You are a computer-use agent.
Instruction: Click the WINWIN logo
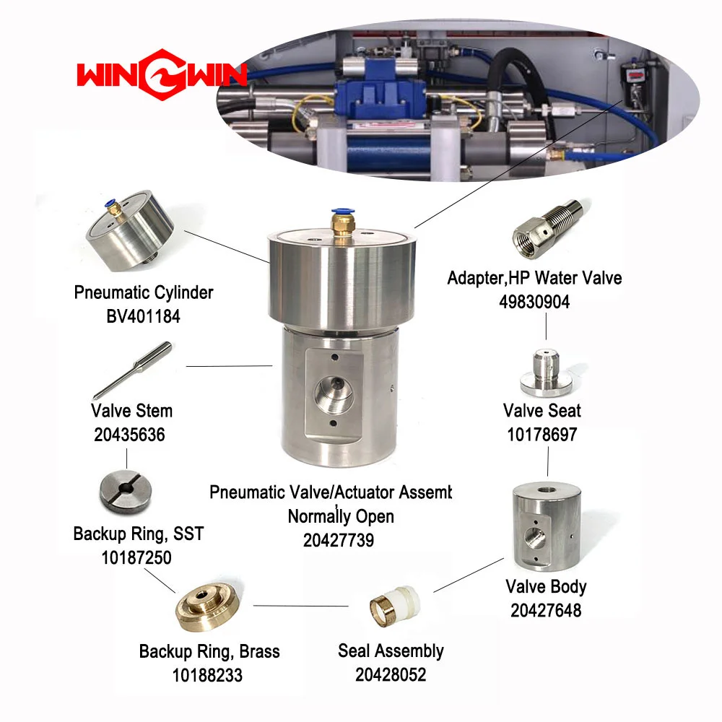pos(162,74)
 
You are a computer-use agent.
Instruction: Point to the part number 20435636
pos(129,434)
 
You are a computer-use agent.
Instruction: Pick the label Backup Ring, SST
pos(139,534)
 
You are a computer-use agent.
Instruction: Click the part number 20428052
pos(391,674)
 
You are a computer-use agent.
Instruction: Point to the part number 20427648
pos(546,610)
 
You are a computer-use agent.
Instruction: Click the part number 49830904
pos(534,302)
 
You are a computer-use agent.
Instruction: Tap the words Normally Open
pos(341,516)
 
